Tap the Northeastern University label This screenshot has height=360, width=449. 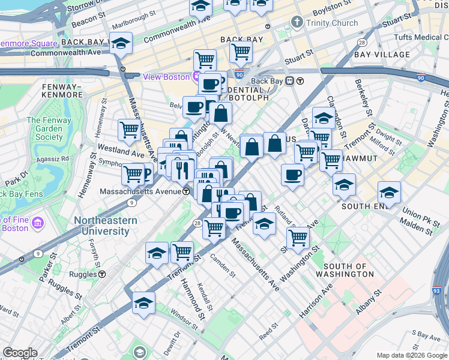105,226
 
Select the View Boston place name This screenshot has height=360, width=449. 166,77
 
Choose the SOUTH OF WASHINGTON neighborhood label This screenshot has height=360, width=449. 349,270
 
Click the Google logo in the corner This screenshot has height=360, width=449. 19,353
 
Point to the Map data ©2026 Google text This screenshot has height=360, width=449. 412,355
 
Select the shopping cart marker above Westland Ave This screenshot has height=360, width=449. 129,129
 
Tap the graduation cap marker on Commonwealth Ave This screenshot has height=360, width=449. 121,44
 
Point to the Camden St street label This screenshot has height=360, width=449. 223,265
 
